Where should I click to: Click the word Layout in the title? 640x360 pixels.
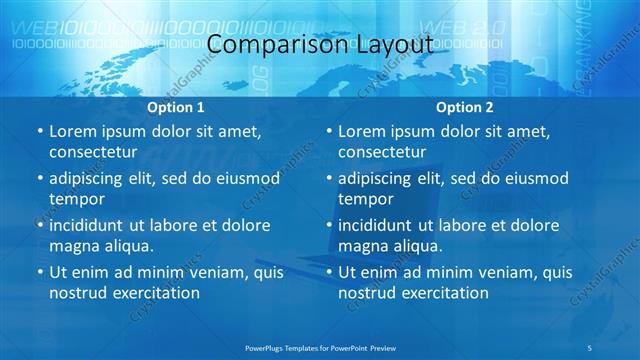(393, 45)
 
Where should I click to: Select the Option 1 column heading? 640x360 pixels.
(176, 106)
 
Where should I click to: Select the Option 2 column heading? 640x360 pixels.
(464, 106)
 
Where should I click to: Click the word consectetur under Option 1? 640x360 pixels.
(93, 152)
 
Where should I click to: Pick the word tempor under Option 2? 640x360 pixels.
(366, 199)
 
